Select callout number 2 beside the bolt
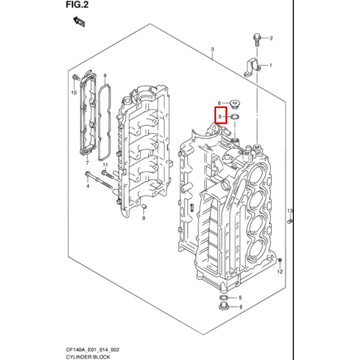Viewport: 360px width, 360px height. [x=271, y=38]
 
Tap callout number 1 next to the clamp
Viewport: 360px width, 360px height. [x=271, y=66]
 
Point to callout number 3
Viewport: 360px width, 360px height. [x=212, y=50]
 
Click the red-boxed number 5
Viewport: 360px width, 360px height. [x=220, y=116]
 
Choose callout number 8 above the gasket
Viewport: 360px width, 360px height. [x=105, y=75]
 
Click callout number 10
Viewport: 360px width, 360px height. [x=74, y=93]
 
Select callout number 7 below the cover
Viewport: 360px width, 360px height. [x=87, y=164]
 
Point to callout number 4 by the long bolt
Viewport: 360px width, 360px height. [x=87, y=186]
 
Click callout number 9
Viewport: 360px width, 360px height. [x=143, y=218]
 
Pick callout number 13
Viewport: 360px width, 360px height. [x=289, y=211]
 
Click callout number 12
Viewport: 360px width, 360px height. [x=280, y=272]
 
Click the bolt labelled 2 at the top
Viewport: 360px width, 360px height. [x=257, y=38]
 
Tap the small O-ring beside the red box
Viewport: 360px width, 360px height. [x=235, y=117]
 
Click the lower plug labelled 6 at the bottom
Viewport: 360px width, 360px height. [x=224, y=306]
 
